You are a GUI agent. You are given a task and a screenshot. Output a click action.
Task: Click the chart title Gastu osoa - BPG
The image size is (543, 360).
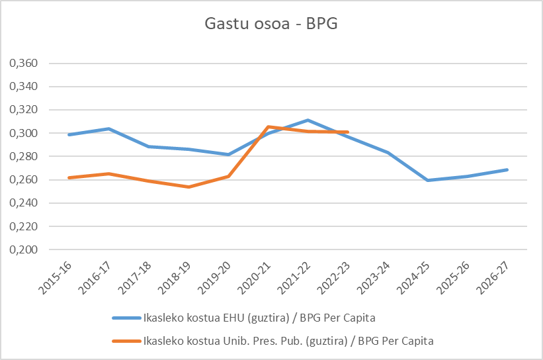(x=271, y=24)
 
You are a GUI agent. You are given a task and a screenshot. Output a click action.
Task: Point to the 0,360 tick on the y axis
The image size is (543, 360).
(x=22, y=64)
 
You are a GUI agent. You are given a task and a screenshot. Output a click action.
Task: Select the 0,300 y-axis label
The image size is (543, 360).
(x=22, y=134)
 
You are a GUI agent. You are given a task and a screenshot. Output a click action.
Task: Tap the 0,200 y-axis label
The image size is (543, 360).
(x=22, y=250)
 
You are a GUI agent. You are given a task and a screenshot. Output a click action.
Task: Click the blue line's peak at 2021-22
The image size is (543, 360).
(x=308, y=120)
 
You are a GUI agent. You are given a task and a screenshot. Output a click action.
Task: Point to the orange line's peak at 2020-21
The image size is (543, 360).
(x=268, y=126)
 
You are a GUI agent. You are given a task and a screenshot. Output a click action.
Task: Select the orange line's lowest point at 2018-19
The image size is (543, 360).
(x=188, y=187)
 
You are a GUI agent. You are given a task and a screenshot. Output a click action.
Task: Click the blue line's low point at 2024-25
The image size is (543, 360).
(x=427, y=180)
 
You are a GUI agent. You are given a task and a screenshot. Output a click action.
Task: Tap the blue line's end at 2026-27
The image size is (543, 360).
(x=507, y=169)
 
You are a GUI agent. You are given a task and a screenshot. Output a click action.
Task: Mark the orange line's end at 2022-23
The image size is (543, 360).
(x=347, y=132)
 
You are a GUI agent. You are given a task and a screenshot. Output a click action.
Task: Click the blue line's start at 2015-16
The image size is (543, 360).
(x=69, y=134)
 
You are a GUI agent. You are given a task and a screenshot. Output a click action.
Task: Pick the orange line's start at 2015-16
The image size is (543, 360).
(x=69, y=177)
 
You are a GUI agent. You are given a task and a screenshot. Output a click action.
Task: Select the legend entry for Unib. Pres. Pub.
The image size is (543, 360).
(x=288, y=341)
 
